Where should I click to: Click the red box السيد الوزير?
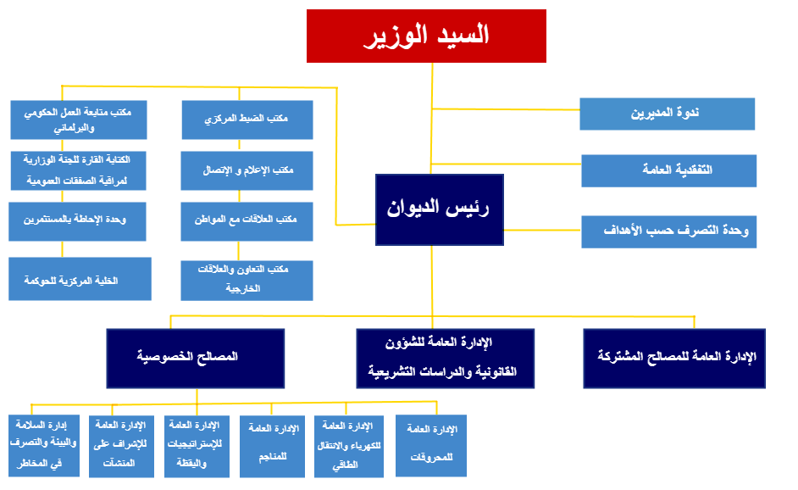pos(426,36)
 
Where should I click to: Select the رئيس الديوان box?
pos(439,209)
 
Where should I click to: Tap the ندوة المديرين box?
pos(667,114)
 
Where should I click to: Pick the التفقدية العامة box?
pos(668,170)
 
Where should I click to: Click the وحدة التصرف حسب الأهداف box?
pos(668,231)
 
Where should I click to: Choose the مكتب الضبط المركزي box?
pos(247,120)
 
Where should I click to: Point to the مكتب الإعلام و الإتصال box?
pos(247,170)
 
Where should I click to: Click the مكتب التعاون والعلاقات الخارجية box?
pos(247,279)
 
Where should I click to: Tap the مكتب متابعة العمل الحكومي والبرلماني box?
pos(79,120)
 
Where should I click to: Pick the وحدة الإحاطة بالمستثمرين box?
pos(79,220)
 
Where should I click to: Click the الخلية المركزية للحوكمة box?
pos(80,279)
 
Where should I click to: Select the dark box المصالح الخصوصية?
pos(195,358)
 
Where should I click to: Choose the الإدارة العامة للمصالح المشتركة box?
pos(674,358)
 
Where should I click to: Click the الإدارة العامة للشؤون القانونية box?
pos(446,358)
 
